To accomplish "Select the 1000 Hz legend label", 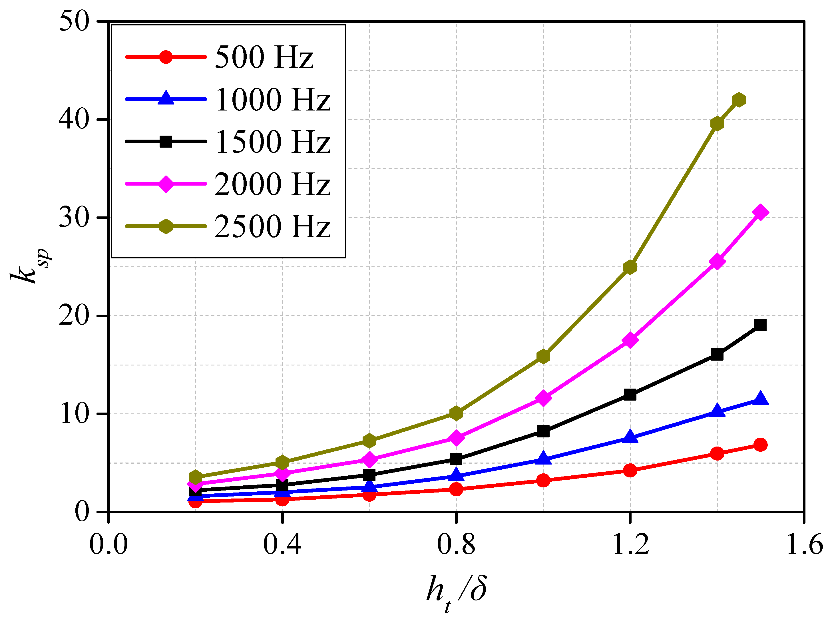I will [x=273, y=99].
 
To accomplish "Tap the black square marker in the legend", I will [x=166, y=142].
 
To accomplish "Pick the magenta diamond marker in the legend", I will [x=166, y=184].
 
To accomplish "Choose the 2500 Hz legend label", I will [x=273, y=226].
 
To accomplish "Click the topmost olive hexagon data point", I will [x=739, y=100].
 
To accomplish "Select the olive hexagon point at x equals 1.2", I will [x=630, y=267].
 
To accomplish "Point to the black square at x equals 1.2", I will [x=630, y=395].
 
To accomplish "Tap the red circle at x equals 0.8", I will [x=456, y=489].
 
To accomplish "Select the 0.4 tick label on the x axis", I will [x=282, y=544].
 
